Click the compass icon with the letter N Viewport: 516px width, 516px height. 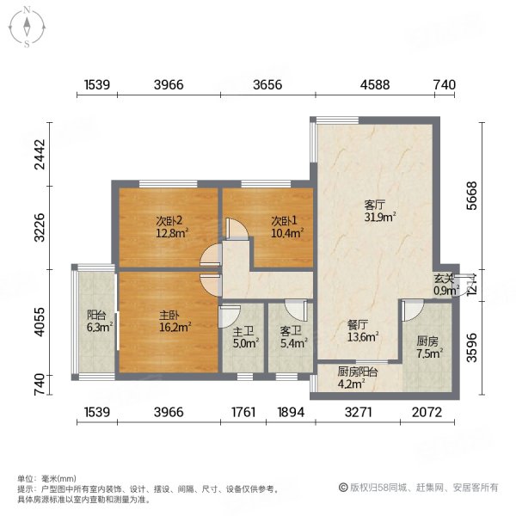point(28,27)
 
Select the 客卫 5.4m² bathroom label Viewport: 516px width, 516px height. point(291,338)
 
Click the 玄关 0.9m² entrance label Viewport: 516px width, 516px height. point(445,285)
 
